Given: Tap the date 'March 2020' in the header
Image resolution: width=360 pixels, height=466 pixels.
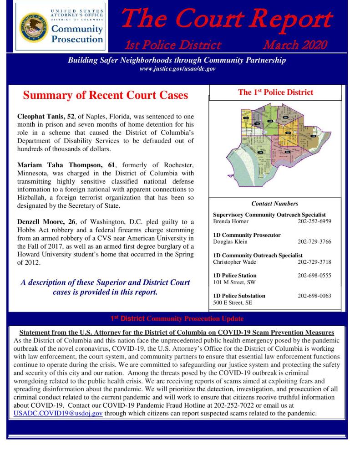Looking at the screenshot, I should [294, 45].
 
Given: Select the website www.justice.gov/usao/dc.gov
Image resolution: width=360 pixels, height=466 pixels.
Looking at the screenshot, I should [177, 69].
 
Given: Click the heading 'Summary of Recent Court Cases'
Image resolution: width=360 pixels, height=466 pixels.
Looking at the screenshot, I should [105, 96].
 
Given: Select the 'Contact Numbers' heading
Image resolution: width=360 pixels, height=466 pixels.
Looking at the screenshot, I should [275, 204].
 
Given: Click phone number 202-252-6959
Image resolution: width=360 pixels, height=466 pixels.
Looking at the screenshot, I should [314, 221].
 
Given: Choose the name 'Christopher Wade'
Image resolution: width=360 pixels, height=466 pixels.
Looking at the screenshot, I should [234, 262].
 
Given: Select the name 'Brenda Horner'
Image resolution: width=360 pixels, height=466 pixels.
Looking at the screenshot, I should [231, 221].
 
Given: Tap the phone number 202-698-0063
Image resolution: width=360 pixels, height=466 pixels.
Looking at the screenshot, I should [314, 296].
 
